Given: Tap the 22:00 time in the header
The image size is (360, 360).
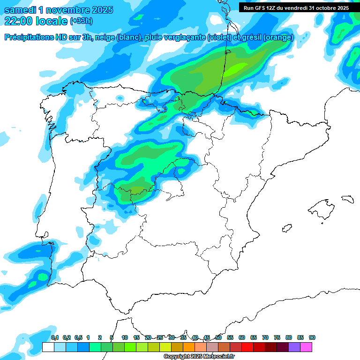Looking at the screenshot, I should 18,21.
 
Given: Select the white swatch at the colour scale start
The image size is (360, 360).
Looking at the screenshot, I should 48,347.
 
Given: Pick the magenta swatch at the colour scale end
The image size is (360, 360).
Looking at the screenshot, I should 306,347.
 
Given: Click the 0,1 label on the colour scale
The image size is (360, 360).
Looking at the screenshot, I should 55,338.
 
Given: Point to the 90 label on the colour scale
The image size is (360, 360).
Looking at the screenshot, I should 312,338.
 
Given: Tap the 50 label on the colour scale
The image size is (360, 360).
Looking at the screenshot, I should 218,338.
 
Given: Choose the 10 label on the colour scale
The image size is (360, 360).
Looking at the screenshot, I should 125,338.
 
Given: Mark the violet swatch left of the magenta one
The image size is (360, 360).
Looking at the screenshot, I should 294,347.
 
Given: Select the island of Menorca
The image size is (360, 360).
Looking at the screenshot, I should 347,199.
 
